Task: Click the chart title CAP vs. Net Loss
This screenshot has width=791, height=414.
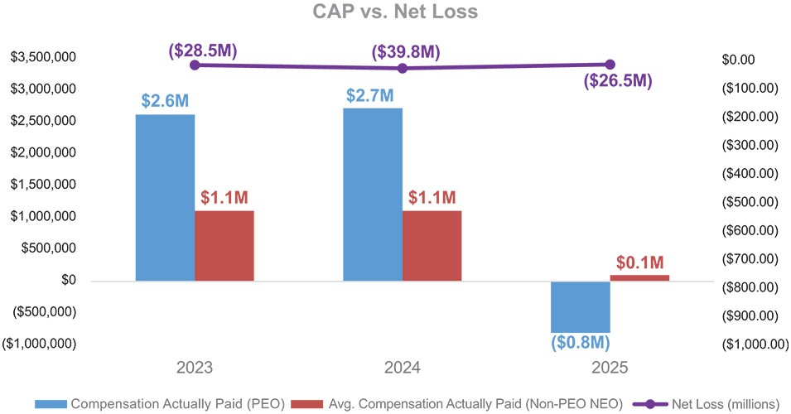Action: pyautogui.click(x=395, y=12)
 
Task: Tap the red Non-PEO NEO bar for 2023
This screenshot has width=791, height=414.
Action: pyautogui.click(x=224, y=245)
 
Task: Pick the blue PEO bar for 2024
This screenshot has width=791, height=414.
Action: pyautogui.click(x=373, y=194)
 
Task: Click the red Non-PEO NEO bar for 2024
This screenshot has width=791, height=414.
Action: pyautogui.click(x=432, y=245)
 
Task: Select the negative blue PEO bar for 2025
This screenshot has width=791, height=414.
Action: pyautogui.click(x=581, y=306)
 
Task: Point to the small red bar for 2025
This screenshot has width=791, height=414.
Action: pyautogui.click(x=639, y=277)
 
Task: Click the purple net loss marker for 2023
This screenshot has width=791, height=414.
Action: pyautogui.click(x=195, y=65)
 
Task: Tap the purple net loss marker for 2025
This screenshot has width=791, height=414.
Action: pyautogui.click(x=610, y=65)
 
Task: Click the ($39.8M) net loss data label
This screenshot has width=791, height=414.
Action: pyautogui.click(x=406, y=52)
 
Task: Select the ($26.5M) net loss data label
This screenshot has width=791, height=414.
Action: pyautogui.click(x=617, y=81)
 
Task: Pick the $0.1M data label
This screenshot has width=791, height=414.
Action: pyautogui.click(x=640, y=263)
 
